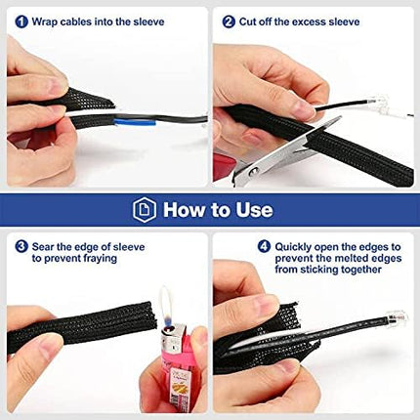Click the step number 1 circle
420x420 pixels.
pyautogui.click(x=21, y=21)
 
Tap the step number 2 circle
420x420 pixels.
pyautogui.click(x=229, y=21)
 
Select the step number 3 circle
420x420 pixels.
pyautogui.click(x=21, y=246)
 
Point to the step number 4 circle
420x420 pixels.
pyautogui.click(x=264, y=246)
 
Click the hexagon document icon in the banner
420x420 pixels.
pyautogui.click(x=145, y=210)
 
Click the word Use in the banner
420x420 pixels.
pyautogui.click(x=254, y=210)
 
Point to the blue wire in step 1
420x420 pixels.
pyautogui.click(x=134, y=123)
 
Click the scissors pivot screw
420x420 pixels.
pyautogui.click(x=253, y=171)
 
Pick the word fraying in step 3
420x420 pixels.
pyautogui.click(x=101, y=258)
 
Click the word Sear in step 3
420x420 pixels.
pyautogui.click(x=43, y=246)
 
